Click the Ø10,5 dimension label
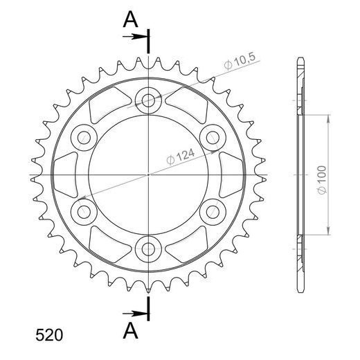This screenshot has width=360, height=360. [240, 61]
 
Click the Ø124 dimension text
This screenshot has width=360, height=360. [181, 156]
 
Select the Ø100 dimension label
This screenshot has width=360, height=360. [322, 180]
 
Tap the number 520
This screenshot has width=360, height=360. [49, 335]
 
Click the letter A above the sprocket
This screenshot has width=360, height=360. [131, 19]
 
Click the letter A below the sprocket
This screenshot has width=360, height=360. [131, 331]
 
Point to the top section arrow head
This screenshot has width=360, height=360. [140, 37]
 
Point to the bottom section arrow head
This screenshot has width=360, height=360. [140, 314]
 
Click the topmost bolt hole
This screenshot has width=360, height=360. [148, 100]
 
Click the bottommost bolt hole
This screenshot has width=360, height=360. [148, 249]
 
